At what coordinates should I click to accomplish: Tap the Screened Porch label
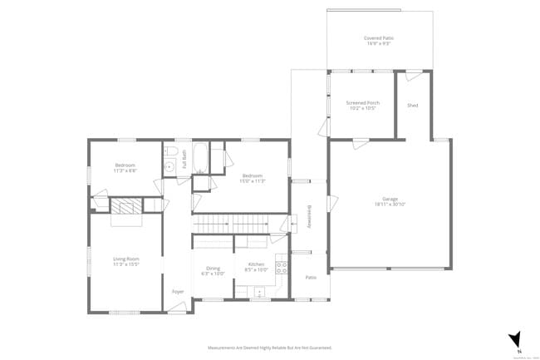click(x=362, y=103)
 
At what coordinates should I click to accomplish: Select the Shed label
click(x=412, y=106)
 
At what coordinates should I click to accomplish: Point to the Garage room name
click(x=390, y=199)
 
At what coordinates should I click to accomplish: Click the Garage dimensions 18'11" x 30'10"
click(x=390, y=204)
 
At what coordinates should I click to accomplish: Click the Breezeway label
click(x=310, y=218)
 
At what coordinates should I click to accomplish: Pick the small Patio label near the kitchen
click(x=311, y=277)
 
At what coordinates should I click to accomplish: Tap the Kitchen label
click(x=255, y=265)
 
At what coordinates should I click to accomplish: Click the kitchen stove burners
click(x=282, y=268)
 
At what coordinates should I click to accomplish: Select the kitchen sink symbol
click(x=259, y=292)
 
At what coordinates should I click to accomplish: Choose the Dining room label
click(x=214, y=268)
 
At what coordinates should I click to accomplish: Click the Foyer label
click(x=178, y=292)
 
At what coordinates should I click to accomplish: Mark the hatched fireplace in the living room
click(x=126, y=207)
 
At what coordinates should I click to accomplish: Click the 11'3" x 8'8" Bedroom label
click(x=125, y=165)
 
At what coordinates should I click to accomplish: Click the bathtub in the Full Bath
click(x=200, y=155)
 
